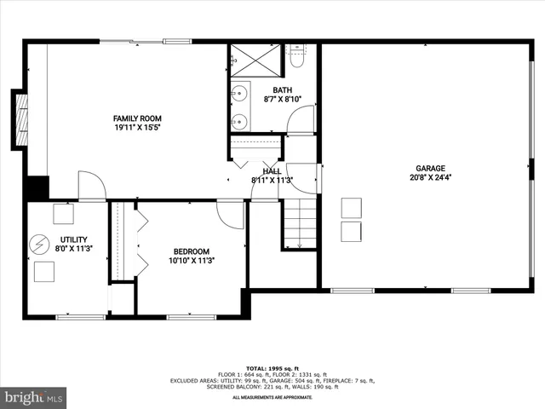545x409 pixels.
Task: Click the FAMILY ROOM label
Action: pyautogui.click(x=137, y=118)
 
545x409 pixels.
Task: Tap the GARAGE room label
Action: pyautogui.click(x=430, y=169)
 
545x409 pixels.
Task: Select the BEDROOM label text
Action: pyautogui.click(x=192, y=251)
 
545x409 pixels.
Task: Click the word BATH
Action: pyautogui.click(x=282, y=90)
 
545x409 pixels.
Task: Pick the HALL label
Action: pyautogui.click(x=272, y=171)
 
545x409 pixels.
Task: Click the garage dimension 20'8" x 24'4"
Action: pyautogui.click(x=430, y=178)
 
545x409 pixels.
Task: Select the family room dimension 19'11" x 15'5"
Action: pyautogui.click(x=137, y=128)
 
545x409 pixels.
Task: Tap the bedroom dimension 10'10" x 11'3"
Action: pyautogui.click(x=192, y=261)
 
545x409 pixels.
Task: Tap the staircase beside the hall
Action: pyautogui.click(x=299, y=223)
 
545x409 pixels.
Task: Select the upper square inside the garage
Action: pyautogui.click(x=352, y=208)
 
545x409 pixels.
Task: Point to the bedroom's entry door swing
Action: pyautogui.click(x=231, y=214)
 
